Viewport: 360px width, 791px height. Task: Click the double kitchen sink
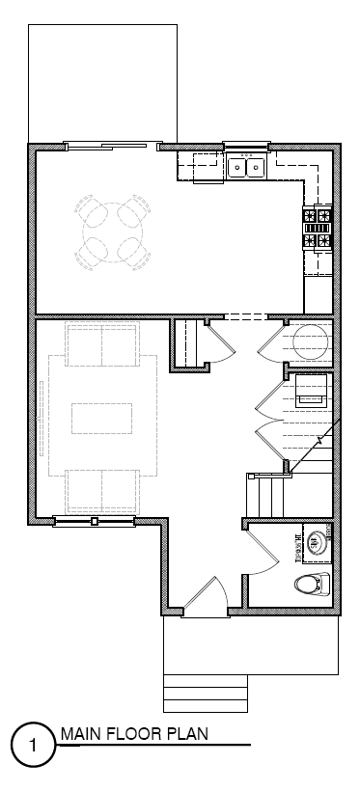[247, 169]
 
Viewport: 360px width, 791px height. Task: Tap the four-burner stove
[318, 229]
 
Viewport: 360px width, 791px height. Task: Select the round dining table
[113, 231]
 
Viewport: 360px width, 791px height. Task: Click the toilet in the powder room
[310, 584]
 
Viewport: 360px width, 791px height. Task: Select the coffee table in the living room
[101, 418]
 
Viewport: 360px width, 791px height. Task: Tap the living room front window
[94, 522]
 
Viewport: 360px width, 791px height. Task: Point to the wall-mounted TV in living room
[42, 419]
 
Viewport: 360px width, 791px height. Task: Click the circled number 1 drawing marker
[32, 745]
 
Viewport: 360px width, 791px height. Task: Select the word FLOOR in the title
[136, 734]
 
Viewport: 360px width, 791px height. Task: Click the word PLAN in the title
[187, 734]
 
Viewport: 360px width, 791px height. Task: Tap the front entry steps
[205, 692]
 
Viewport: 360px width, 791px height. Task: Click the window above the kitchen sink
[247, 147]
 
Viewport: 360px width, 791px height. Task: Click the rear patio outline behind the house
[102, 82]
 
